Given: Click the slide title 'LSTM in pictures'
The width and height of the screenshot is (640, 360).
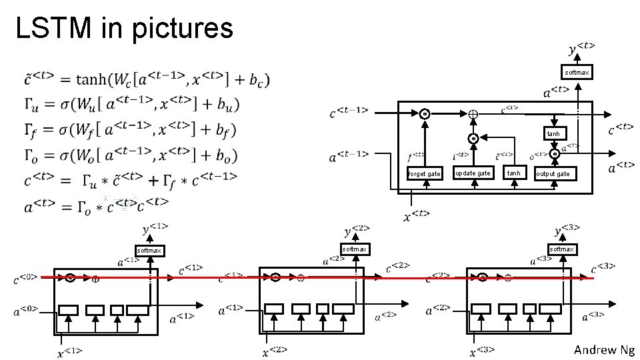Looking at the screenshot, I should [x=124, y=28].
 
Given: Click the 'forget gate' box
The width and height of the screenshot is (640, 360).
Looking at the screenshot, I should [x=424, y=174].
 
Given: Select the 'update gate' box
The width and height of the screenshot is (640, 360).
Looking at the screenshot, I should [x=472, y=173].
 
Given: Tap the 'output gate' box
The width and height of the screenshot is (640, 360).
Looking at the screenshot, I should [x=553, y=174].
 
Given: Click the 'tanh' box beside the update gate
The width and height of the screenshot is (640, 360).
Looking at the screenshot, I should [x=513, y=173].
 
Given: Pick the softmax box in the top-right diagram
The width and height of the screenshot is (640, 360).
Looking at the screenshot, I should [x=576, y=72].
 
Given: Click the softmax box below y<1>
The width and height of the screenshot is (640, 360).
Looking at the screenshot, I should [x=149, y=251].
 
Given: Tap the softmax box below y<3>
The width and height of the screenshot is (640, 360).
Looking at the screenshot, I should [x=561, y=249].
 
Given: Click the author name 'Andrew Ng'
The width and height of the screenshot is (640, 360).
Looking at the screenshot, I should [x=604, y=350].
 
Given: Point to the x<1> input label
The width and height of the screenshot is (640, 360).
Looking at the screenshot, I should [x=69, y=351].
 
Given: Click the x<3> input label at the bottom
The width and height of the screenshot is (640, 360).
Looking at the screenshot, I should [x=483, y=351].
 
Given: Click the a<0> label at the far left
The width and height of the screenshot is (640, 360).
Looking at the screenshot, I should [x=25, y=310].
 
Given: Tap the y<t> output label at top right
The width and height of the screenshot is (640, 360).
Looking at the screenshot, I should [x=582, y=49].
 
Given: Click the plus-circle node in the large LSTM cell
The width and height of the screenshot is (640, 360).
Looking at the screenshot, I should [x=473, y=114].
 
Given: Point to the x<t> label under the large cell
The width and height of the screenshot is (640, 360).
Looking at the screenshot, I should [x=417, y=215].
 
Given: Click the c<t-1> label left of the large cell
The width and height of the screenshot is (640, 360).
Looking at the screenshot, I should [x=349, y=114].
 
